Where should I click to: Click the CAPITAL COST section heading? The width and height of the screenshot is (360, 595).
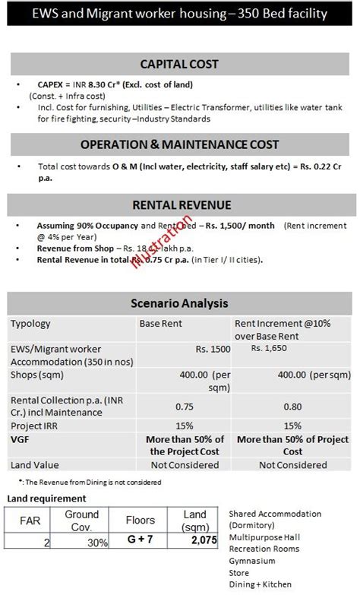[179, 64]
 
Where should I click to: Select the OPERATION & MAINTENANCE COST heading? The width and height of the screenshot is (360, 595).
[179, 144]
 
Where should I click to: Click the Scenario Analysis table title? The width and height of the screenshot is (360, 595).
[180, 303]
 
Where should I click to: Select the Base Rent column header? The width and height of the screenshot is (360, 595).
[161, 324]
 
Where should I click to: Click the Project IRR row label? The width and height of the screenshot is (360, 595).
[35, 426]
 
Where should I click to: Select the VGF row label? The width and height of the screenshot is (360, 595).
[20, 439]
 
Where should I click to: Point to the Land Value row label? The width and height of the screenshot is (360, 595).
[34, 464]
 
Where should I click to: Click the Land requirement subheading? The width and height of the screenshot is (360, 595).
[47, 498]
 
